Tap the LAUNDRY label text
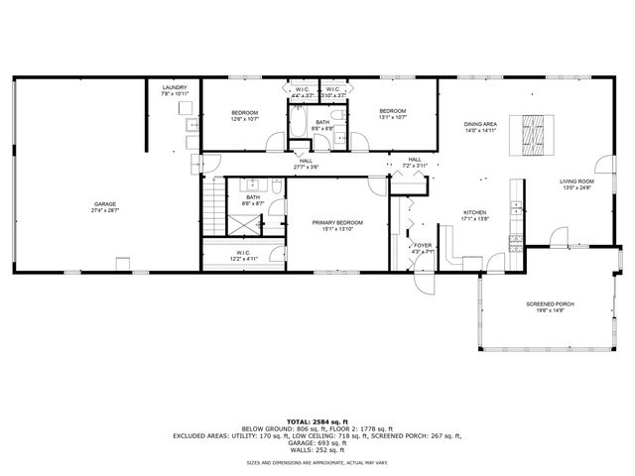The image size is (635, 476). [x=175, y=88]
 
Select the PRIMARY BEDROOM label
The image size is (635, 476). [x=337, y=223]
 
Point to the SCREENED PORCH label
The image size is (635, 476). [x=550, y=304]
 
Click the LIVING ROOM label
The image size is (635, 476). [x=575, y=181]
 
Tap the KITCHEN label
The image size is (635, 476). [x=475, y=213]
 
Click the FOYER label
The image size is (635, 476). [x=423, y=245]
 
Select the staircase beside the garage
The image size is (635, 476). [x=211, y=209]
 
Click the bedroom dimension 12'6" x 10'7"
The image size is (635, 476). [x=245, y=120]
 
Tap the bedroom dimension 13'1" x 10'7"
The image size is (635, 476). [x=392, y=118]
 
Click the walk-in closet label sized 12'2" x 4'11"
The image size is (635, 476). [x=243, y=259]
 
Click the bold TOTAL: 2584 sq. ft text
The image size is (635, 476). [x=317, y=421]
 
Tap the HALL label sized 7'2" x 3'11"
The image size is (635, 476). [x=414, y=164]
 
